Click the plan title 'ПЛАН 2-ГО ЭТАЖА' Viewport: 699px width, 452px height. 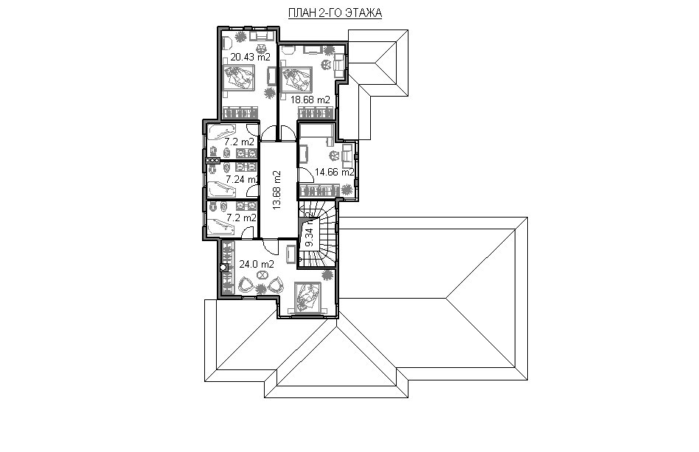[x=335, y=13]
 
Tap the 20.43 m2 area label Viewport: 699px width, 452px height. [x=250, y=57]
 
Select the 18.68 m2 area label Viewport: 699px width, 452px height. [x=310, y=100]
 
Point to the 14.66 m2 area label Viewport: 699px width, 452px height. [x=334, y=172]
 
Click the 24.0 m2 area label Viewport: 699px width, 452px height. [x=257, y=264]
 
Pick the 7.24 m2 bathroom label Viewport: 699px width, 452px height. [x=242, y=180]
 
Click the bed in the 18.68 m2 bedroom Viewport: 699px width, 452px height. [x=296, y=80]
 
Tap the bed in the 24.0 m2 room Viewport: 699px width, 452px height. [x=307, y=298]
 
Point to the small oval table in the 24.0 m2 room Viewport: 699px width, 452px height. [x=262, y=275]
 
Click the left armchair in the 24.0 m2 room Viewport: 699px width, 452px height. [x=246, y=285]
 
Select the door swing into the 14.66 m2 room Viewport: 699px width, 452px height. [x=306, y=175]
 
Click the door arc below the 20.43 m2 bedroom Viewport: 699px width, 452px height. [x=268, y=133]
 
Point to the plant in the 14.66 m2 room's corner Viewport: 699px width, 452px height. [x=347, y=190]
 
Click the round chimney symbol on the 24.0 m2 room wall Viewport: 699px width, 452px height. [x=223, y=268]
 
